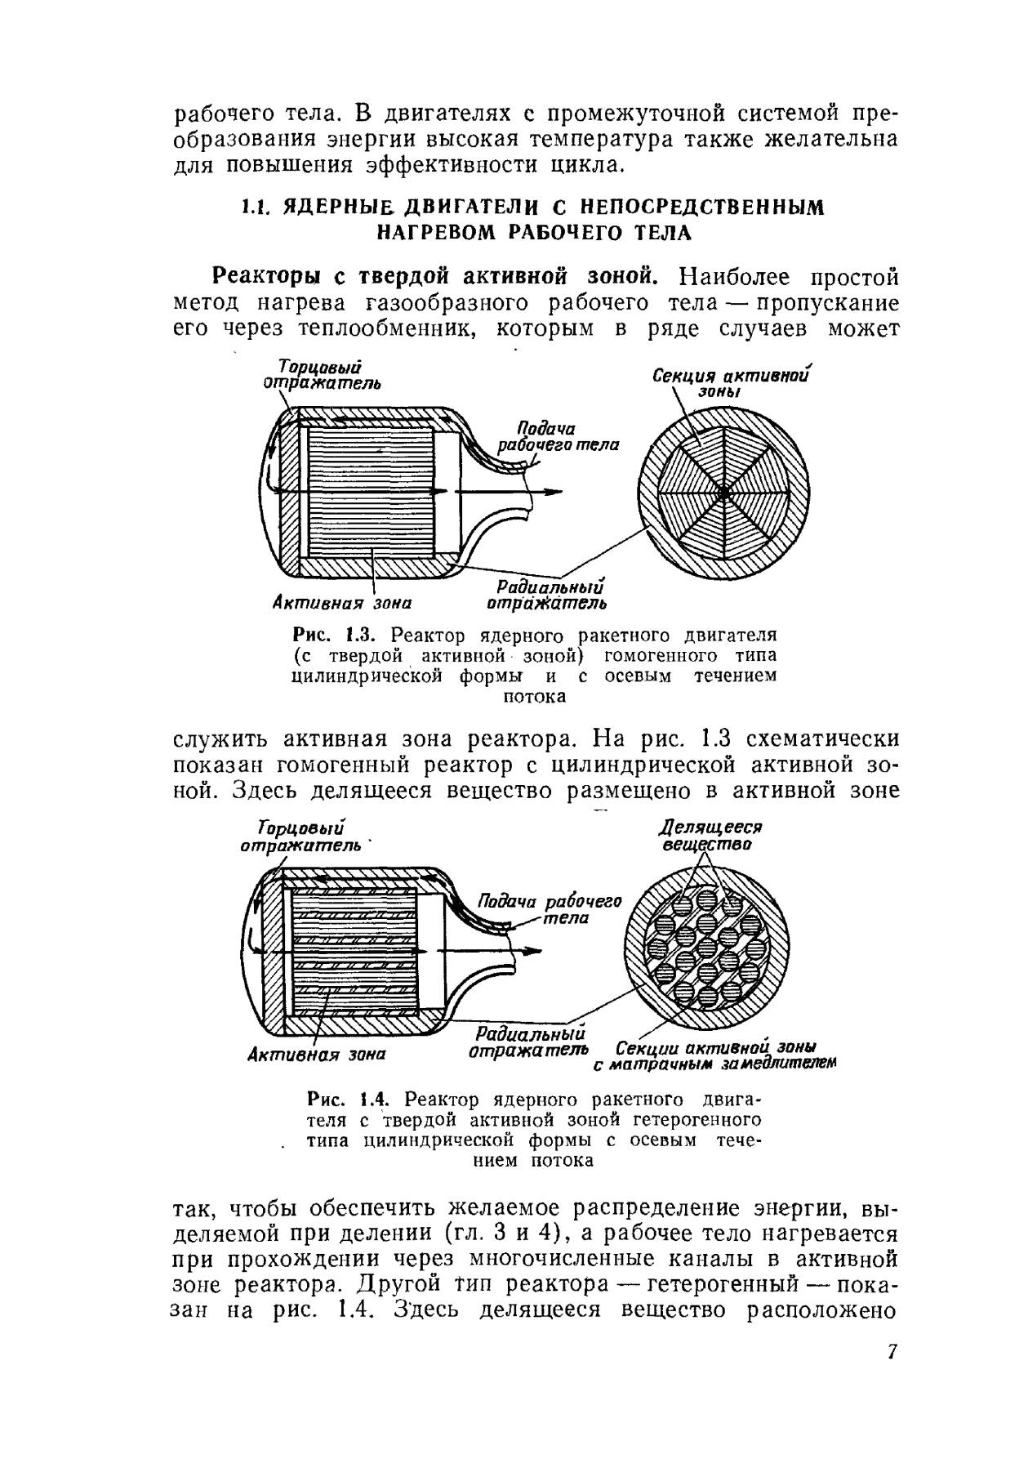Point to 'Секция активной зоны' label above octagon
tap(732, 382)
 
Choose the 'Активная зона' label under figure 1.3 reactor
tap(340, 604)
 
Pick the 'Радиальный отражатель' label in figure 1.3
tap(547, 596)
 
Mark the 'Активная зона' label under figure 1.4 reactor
tap(316, 1055)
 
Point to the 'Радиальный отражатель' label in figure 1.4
tap(529, 1041)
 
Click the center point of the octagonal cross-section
tap(723, 493)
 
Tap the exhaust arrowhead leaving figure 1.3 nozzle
tap(555, 492)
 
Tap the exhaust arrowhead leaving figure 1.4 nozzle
tap(533, 951)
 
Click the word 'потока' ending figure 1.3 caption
tap(534, 697)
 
